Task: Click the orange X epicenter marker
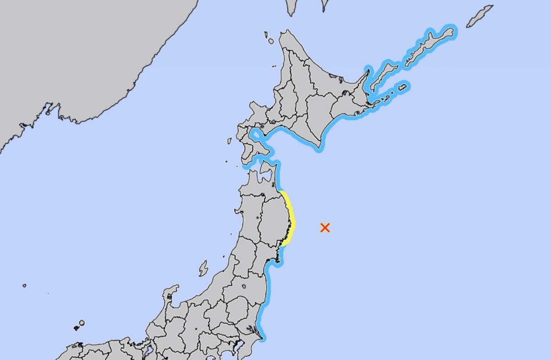325,227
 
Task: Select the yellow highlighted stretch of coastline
290,218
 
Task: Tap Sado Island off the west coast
203,268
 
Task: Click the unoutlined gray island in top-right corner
479,16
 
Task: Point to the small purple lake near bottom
149,350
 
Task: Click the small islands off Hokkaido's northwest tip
269,38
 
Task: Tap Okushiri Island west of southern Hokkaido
229,141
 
